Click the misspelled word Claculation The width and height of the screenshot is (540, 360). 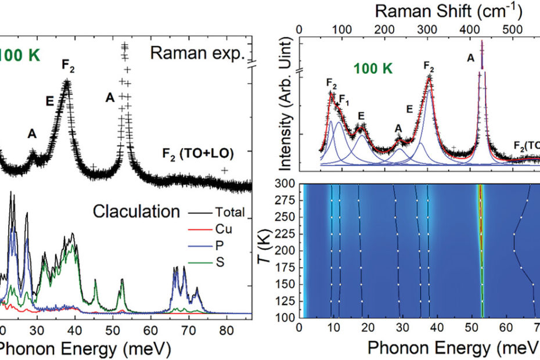pos(136,211)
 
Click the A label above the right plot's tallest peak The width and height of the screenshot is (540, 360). pos(471,57)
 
